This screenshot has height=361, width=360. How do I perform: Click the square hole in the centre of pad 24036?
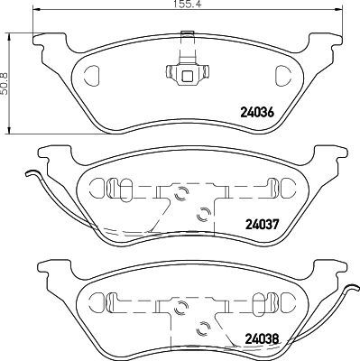pyautogui.click(x=188, y=75)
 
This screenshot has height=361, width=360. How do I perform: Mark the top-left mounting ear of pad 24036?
pyautogui.click(x=47, y=39)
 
